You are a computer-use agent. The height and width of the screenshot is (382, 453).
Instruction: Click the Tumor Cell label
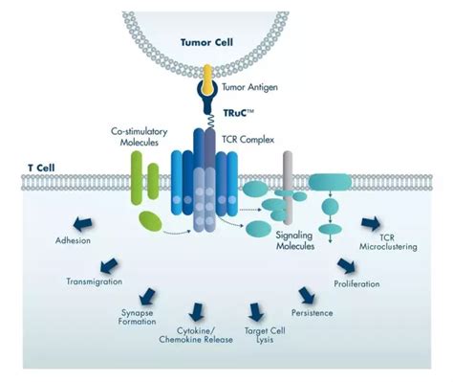pos(206,42)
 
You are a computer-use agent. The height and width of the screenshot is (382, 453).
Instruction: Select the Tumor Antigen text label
pos(249,87)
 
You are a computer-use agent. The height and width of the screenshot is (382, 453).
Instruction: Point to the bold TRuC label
pos(238,113)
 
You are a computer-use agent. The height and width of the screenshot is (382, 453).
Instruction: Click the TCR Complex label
pos(248,140)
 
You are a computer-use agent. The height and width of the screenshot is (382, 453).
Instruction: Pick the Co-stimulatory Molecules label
pos(140,137)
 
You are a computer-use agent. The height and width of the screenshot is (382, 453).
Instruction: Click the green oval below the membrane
pos(150,221)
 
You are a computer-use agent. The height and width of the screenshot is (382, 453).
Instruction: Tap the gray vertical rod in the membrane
pos(288,188)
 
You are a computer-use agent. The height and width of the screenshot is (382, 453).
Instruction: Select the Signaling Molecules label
pos(294,240)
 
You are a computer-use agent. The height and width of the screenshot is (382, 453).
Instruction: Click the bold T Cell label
pos(41,168)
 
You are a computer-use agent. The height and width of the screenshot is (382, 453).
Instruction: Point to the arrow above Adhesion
pos(83,224)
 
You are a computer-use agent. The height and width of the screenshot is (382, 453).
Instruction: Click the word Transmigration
pos(95,281)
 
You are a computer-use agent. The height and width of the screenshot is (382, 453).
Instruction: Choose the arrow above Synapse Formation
pos(147,296)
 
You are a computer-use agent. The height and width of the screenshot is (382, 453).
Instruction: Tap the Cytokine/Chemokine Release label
pos(196,335)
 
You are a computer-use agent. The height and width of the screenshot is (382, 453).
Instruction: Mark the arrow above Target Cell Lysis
pos(255,312)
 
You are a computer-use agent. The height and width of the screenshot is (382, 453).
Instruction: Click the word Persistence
pos(313,313)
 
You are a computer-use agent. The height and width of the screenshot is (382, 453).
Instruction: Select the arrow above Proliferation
pos(346,265)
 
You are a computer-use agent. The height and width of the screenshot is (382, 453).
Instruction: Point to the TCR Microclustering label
pos(388,242)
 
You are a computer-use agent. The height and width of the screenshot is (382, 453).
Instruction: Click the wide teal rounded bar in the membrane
pos(330,182)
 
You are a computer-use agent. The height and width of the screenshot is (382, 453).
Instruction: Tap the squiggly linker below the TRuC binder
pos(210,122)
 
